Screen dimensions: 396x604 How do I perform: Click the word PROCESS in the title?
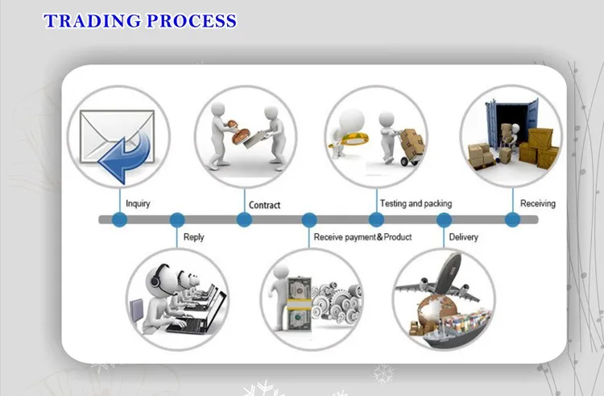191,21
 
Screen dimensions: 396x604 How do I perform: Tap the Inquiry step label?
138,204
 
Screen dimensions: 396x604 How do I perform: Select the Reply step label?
194,237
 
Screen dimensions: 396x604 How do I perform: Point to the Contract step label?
265,205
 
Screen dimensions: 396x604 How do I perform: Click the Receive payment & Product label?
362,237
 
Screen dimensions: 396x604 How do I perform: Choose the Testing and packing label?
416,203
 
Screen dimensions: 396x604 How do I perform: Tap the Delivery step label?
463,237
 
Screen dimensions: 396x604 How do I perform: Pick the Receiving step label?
537,203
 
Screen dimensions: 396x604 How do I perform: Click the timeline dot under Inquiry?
119,219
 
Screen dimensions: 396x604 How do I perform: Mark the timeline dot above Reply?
177,219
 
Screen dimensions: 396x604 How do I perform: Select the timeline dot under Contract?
244,219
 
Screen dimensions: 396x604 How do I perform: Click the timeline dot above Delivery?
444,219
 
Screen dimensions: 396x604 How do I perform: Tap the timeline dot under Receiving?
512,219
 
